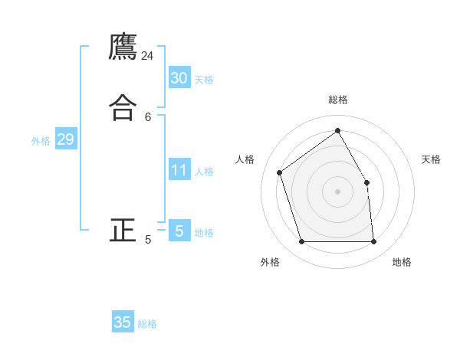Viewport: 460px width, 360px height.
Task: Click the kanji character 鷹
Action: (123, 47)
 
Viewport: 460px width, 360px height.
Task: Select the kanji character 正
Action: (123, 230)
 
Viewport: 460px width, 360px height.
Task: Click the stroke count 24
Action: (148, 56)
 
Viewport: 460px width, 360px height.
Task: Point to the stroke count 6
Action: (148, 116)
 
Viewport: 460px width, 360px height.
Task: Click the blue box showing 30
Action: (179, 77)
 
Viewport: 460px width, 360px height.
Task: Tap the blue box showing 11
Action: (179, 170)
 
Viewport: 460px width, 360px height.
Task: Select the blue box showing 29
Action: (65, 139)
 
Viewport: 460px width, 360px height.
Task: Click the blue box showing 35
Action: (123, 322)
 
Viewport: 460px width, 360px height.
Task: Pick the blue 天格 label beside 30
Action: (204, 79)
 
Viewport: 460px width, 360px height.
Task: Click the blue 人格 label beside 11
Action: (205, 172)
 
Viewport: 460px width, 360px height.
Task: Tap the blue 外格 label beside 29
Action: (41, 141)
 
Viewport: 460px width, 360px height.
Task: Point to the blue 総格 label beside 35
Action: (147, 324)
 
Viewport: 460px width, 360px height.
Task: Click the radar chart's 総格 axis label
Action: (338, 100)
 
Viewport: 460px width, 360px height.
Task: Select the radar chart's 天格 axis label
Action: (432, 159)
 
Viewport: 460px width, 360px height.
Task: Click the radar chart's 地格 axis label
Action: (402, 262)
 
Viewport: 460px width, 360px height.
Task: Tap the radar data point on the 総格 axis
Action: (338, 130)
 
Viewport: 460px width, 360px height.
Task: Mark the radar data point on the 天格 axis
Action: (367, 182)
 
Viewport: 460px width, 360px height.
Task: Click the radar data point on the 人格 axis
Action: (280, 172)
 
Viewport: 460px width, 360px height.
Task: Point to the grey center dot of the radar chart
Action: (338, 191)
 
